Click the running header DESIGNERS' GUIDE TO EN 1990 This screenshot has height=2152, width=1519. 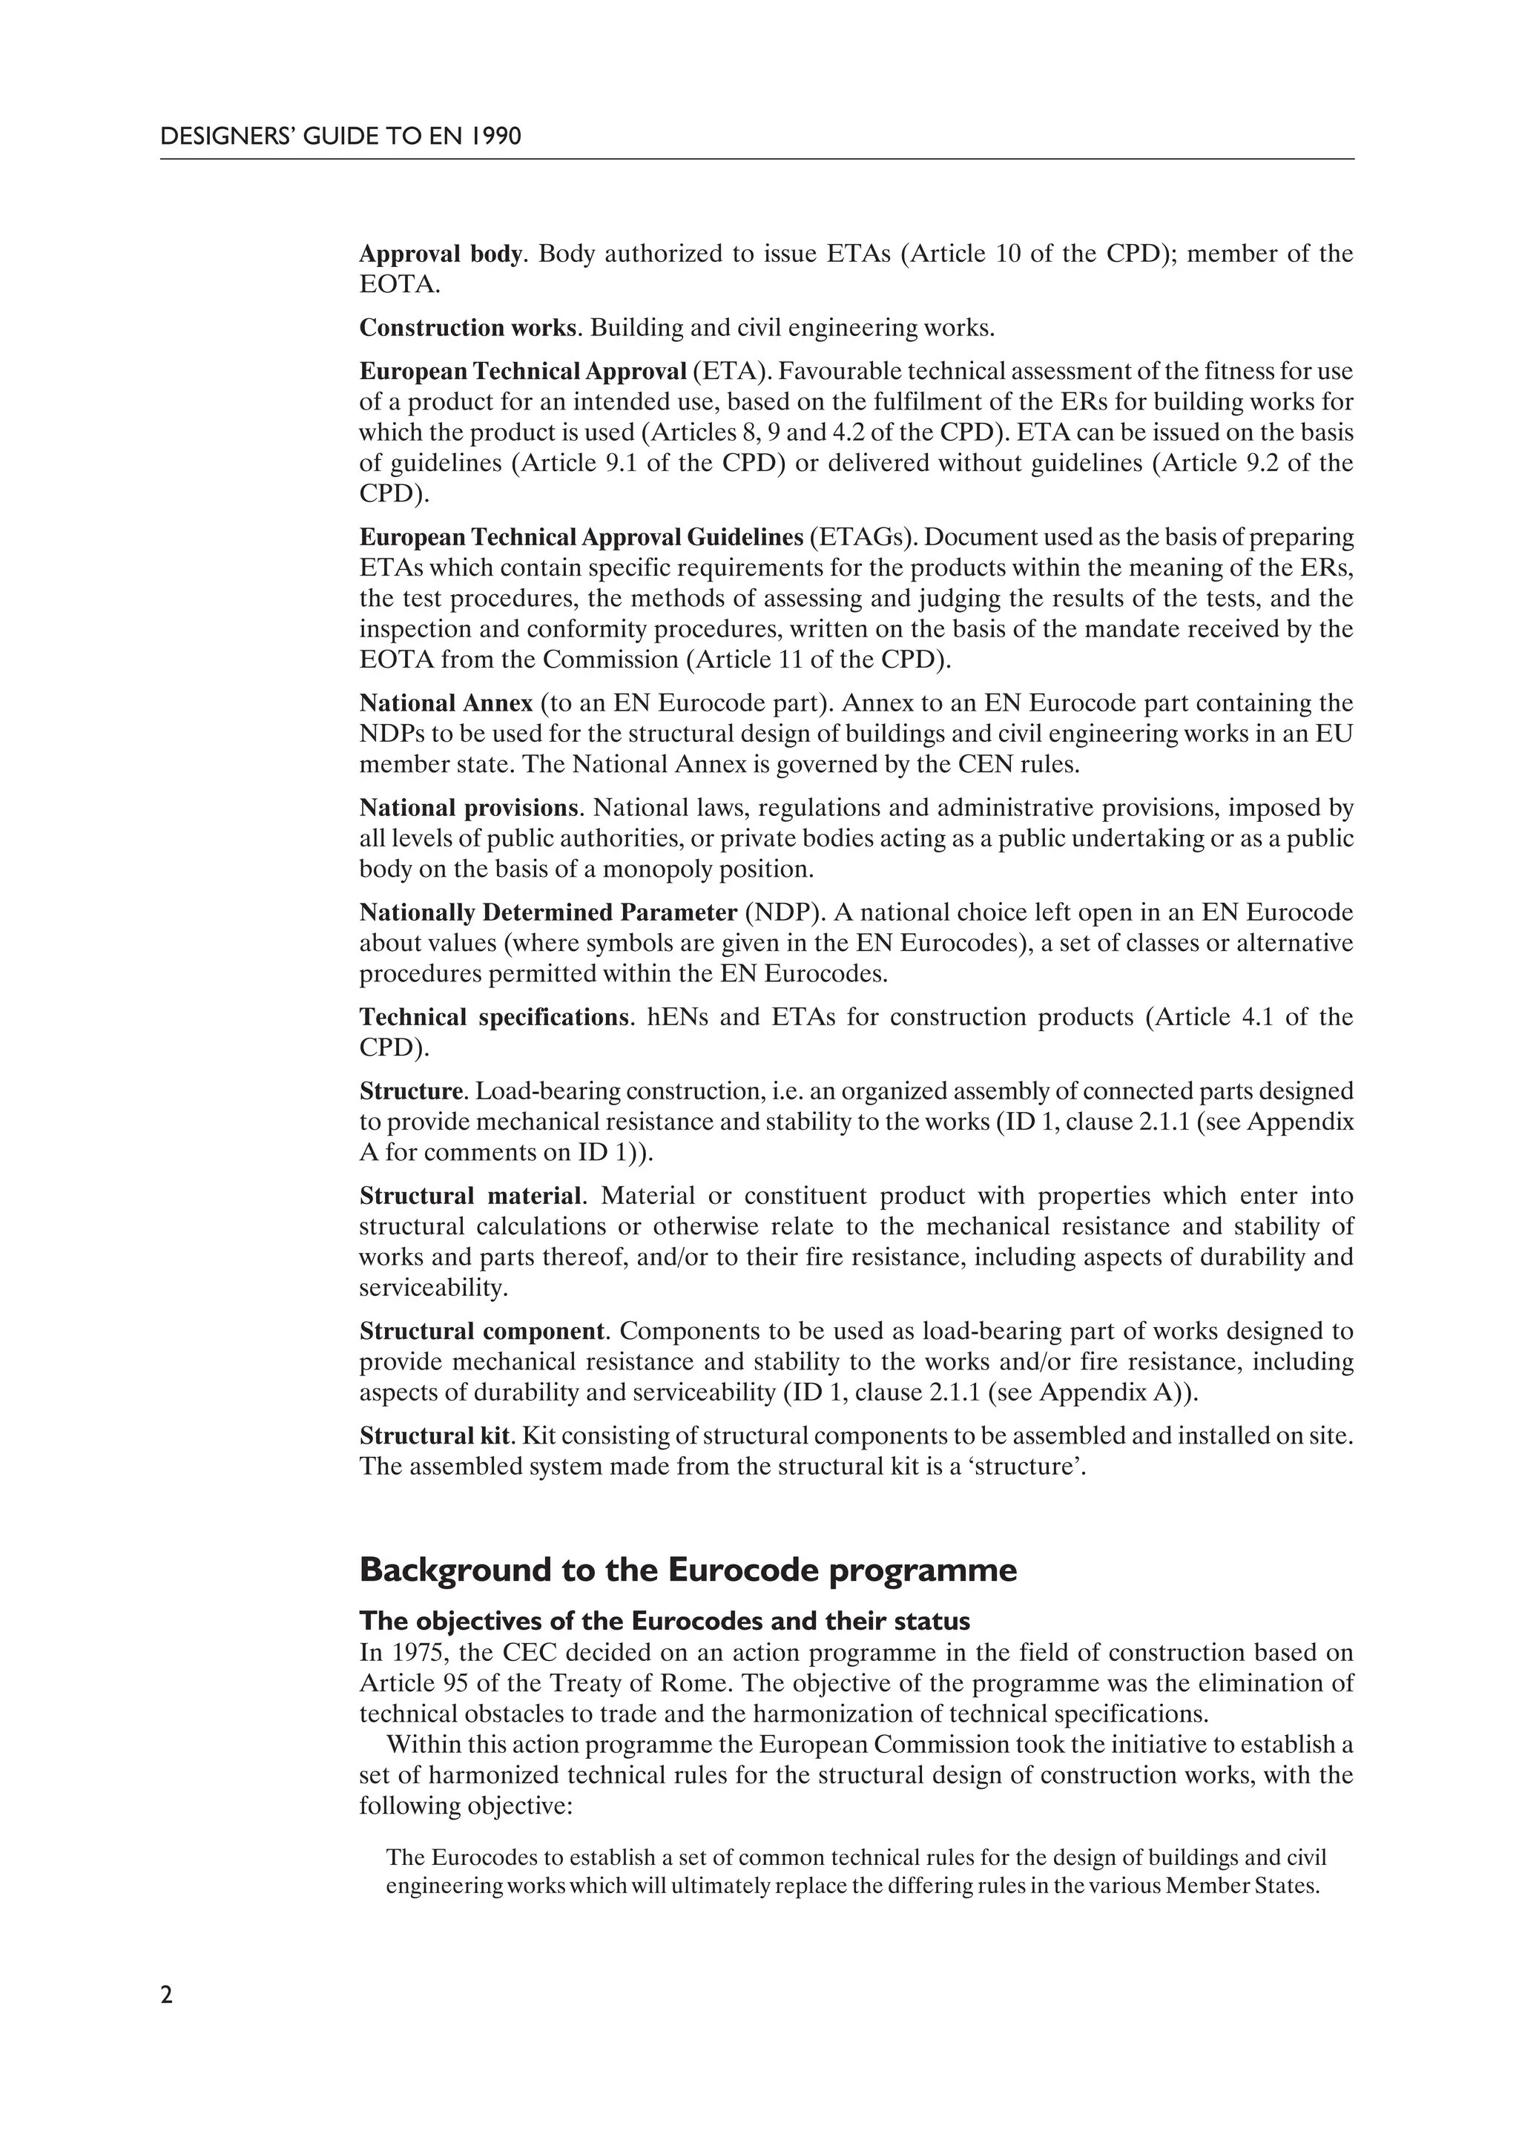tap(340, 136)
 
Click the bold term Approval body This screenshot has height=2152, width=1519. tap(440, 254)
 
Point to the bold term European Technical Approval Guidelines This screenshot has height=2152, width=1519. tap(581, 538)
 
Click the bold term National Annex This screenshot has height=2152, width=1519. tap(446, 703)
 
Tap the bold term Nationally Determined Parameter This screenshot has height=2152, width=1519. tap(548, 913)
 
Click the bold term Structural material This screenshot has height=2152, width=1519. tap(470, 1197)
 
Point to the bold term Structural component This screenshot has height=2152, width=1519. tap(481, 1332)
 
